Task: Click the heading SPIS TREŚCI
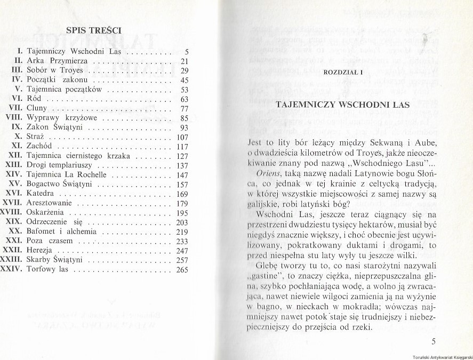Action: click(x=94, y=30)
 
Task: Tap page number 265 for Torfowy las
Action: click(x=182, y=270)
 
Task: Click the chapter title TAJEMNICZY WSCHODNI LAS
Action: click(x=342, y=105)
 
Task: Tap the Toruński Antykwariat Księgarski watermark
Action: click(x=442, y=356)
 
